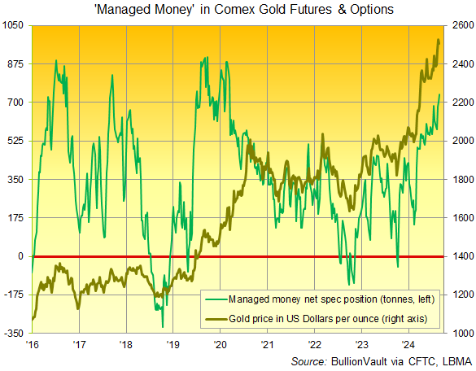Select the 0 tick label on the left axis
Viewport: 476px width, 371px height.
21,256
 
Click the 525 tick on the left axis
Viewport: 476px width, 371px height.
16,141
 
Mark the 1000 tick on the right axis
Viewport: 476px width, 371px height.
460,334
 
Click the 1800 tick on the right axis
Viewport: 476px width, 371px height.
460,179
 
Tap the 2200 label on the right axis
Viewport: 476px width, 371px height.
460,103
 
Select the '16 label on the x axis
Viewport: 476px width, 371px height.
33,345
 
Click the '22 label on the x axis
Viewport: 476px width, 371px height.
314,345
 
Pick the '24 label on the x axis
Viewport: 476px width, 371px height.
408,345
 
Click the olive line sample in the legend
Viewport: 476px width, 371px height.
217,316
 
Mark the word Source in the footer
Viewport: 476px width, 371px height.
312,360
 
